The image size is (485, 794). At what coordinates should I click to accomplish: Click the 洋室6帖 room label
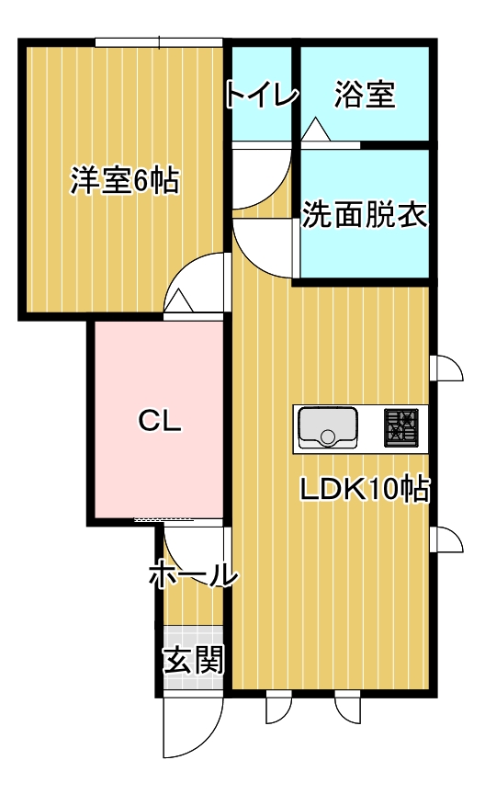[x=125, y=180]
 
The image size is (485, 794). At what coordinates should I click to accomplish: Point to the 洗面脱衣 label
[x=365, y=214]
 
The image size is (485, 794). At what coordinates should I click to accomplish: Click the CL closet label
[x=160, y=420]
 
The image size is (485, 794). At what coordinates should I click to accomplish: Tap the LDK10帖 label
[x=365, y=490]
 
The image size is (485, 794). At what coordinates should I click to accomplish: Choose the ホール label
[x=194, y=573]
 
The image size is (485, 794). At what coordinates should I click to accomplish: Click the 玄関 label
[x=194, y=660]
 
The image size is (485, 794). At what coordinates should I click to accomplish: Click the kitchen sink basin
[x=328, y=427]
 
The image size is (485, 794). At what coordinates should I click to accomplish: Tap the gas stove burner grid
[x=401, y=427]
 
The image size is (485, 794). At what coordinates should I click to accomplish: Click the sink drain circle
[x=328, y=436]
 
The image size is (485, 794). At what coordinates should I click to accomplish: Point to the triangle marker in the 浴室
[x=316, y=129]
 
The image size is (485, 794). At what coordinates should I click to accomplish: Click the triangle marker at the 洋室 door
[x=179, y=301]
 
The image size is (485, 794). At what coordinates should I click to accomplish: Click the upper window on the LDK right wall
[x=446, y=368]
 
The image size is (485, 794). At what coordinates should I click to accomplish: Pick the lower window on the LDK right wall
[x=446, y=539]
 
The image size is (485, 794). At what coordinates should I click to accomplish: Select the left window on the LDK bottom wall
[x=279, y=707]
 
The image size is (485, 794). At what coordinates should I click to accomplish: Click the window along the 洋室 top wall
[x=159, y=42]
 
